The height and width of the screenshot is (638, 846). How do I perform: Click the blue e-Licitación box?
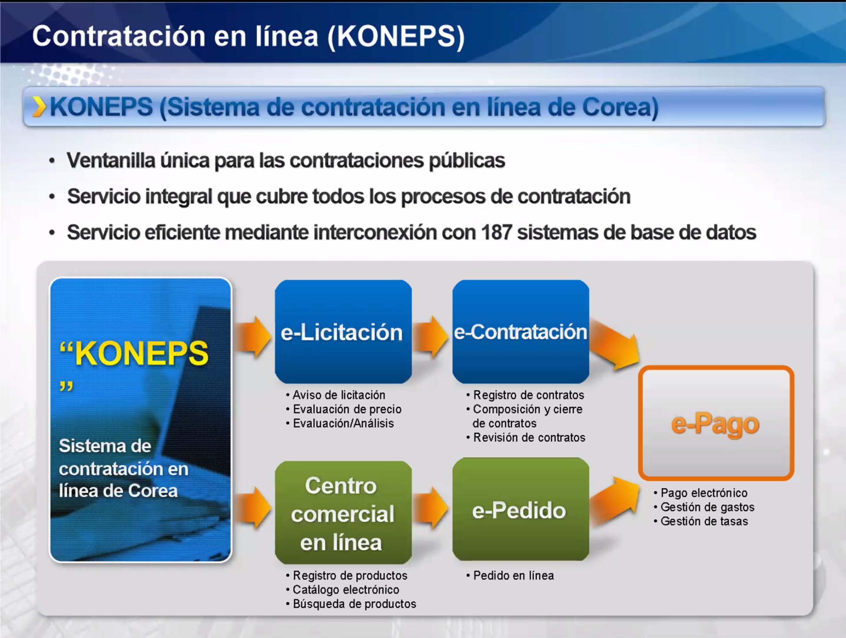(343, 331)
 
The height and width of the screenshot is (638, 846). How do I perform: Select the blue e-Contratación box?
(521, 331)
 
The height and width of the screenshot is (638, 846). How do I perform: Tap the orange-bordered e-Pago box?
(716, 423)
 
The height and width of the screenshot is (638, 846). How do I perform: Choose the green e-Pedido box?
(521, 510)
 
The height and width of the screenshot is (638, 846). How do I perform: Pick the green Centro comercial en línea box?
(343, 513)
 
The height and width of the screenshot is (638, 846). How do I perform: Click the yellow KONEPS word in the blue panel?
(141, 354)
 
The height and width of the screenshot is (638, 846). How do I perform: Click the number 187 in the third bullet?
(496, 233)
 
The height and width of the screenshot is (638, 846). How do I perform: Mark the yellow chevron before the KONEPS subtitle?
(39, 107)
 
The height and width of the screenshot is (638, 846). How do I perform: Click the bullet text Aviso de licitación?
(339, 395)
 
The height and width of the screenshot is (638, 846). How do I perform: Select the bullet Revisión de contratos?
(529, 438)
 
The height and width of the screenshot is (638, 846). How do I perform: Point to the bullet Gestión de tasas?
(704, 521)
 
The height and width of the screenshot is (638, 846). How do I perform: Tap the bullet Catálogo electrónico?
(346, 590)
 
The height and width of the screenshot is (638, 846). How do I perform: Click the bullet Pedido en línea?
(513, 576)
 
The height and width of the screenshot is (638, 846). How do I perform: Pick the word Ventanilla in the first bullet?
(111, 160)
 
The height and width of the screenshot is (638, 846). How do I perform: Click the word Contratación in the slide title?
(119, 36)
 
